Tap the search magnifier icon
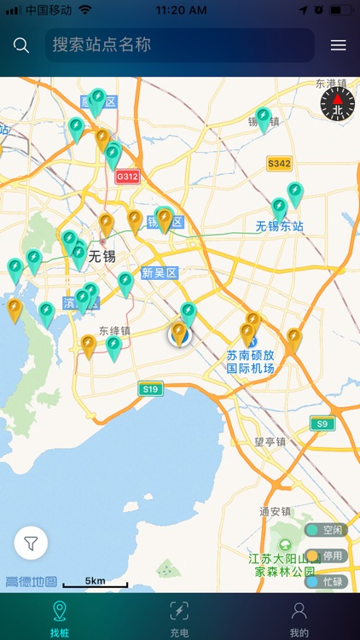pyautogui.click(x=21, y=45)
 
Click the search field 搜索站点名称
pyautogui.click(x=179, y=45)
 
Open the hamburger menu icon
pyautogui.click(x=339, y=45)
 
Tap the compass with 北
pyautogui.click(x=336, y=104)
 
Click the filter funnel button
pyautogui.click(x=31, y=543)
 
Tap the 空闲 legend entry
pyautogui.click(x=327, y=530)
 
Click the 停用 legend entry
pyautogui.click(x=327, y=556)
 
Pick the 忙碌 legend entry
pyautogui.click(x=327, y=582)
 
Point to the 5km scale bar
pyautogui.click(x=96, y=583)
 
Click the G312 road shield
pyautogui.click(x=127, y=177)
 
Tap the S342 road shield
pyautogui.click(x=279, y=163)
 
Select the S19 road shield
pyautogui.click(x=150, y=389)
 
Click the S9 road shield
pyautogui.click(x=321, y=423)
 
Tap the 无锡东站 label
pyautogui.click(x=280, y=227)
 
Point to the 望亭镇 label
pyautogui.click(x=271, y=442)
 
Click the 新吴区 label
pyautogui.click(x=159, y=273)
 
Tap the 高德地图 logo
pyautogui.click(x=31, y=582)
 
